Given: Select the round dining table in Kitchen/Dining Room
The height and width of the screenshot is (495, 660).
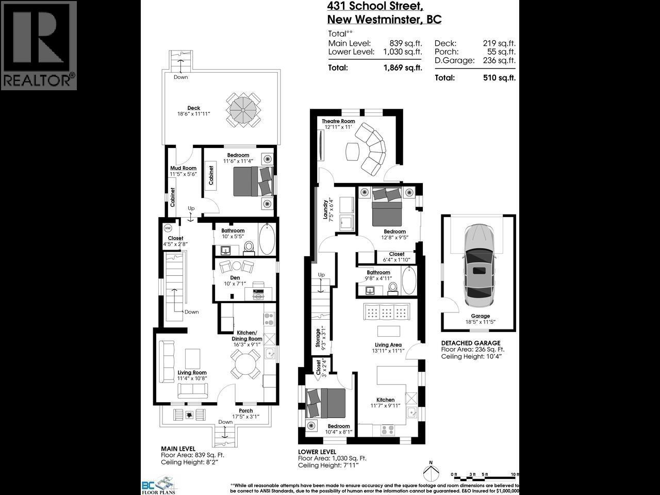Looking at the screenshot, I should [245, 364].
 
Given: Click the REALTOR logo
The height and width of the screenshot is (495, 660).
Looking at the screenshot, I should [39, 45].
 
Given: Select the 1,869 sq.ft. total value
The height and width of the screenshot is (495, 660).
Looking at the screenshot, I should [403, 68].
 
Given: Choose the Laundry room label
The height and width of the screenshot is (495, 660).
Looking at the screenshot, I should [325, 209].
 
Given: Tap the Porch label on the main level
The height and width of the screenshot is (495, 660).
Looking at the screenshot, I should [245, 411].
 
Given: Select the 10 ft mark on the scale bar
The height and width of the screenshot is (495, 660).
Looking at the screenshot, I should [514, 474].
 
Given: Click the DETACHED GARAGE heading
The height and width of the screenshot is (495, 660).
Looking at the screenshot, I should [470, 343].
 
